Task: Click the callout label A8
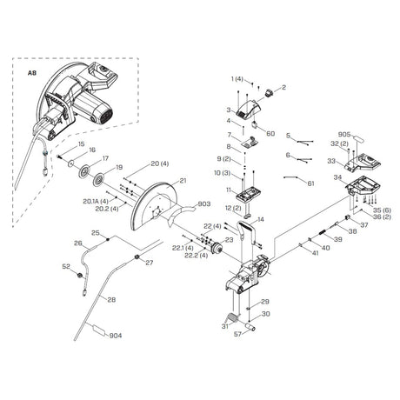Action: (32, 73)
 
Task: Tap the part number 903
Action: (203, 204)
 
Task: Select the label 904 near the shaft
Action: (116, 336)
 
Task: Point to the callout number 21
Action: (183, 181)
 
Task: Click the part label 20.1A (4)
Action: (96, 201)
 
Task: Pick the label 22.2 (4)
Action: (197, 256)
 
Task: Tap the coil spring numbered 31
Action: (232, 317)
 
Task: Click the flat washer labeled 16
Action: (70, 163)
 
